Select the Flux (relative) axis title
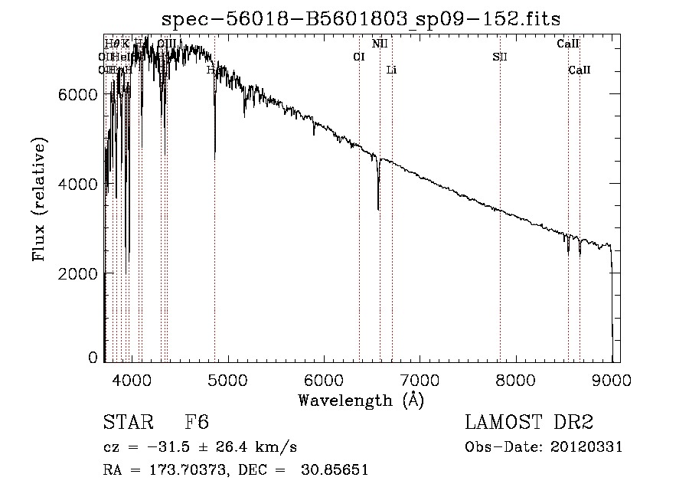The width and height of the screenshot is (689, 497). click(x=39, y=200)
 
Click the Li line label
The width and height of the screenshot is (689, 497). click(x=391, y=70)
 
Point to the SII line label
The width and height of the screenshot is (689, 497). click(x=500, y=57)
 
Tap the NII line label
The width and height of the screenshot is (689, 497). click(x=380, y=44)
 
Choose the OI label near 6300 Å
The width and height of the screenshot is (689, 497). click(x=358, y=57)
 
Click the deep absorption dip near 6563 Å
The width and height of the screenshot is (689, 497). click(x=378, y=205)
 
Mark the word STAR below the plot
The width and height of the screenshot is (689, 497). click(x=126, y=423)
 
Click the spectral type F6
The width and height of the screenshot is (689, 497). click(x=197, y=423)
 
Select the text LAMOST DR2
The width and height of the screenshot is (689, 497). click(x=529, y=423)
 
